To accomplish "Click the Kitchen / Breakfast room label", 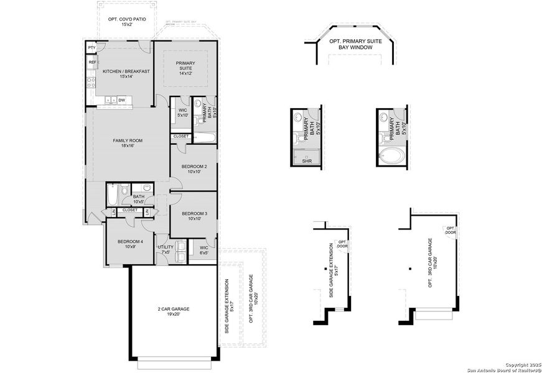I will tap(126, 74).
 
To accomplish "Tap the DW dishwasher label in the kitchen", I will tap(122, 99).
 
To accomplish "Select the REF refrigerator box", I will tap(92, 62).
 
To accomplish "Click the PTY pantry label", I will tap(91, 48).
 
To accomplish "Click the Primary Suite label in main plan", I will tap(185, 68).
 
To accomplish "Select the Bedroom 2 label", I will tap(194, 169).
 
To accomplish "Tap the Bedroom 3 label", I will tap(194, 216).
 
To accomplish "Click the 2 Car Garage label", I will tap(173, 311).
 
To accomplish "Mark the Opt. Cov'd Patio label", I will tap(127, 22).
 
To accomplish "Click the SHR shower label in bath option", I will tap(306, 161).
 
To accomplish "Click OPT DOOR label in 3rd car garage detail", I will tap(451, 231).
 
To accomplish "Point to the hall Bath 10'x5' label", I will tap(138, 199).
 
